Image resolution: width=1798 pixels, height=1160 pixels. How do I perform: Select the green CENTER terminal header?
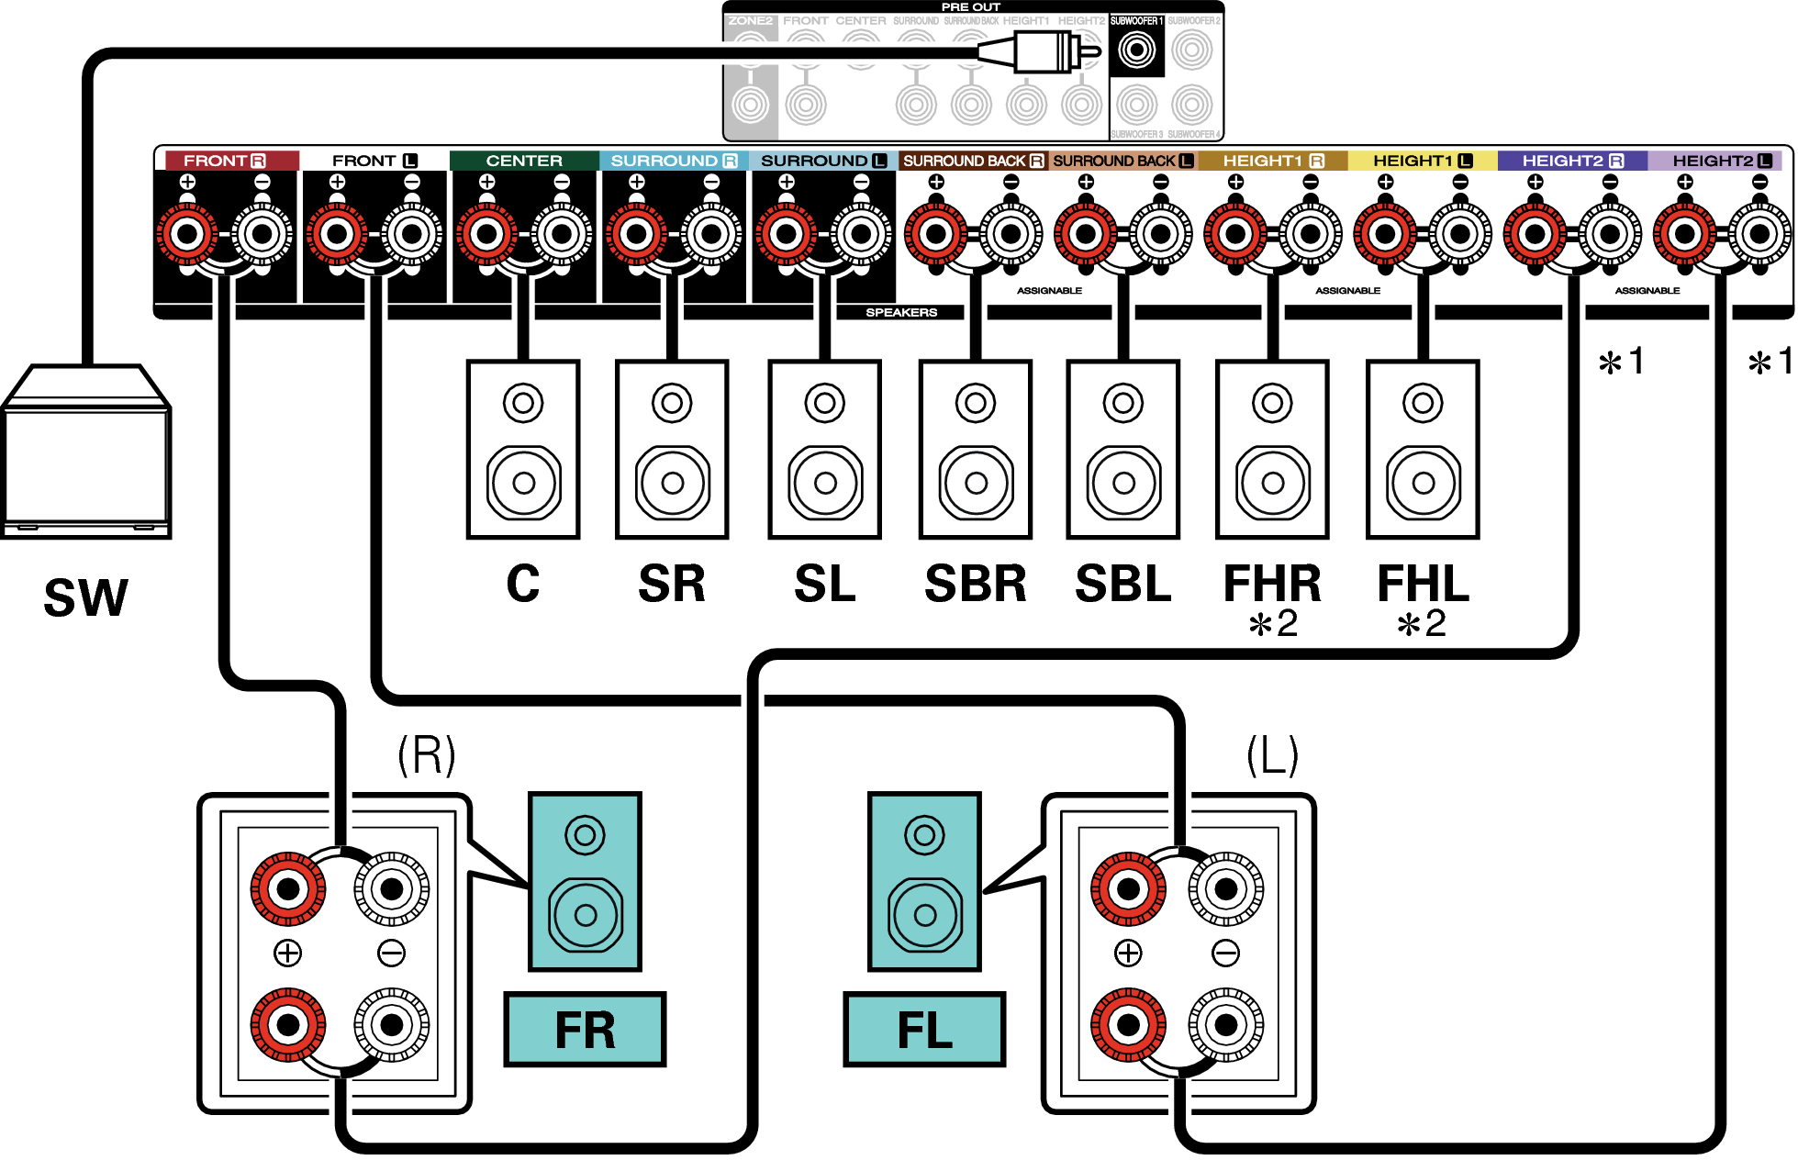pos(524,161)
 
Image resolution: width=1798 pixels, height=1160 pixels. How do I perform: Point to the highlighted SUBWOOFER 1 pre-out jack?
pos(1136,50)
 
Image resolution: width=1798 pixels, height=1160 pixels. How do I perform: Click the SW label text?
pos(86,598)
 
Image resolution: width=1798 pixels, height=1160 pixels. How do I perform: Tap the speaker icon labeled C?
pos(523,450)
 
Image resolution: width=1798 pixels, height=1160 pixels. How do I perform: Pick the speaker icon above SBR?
pos(976,450)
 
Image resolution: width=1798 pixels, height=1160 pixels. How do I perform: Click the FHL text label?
pos(1423,584)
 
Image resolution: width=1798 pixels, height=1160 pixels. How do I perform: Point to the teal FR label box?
pos(585,1030)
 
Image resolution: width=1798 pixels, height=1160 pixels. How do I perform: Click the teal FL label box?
pos(924,1030)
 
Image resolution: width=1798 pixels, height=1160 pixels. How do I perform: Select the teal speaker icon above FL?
pos(924,882)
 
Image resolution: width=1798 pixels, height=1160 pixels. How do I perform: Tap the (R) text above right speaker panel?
pos(426,756)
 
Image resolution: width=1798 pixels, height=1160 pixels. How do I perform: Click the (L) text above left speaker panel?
pos(1272,756)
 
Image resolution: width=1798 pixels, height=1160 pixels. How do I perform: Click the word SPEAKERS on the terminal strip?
pos(901,313)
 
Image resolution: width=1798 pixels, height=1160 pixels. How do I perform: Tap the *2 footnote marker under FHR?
pos(1273,624)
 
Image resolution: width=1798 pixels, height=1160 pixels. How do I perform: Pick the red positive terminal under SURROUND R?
pos(636,234)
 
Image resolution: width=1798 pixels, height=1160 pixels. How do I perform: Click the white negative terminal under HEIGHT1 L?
pos(1460,234)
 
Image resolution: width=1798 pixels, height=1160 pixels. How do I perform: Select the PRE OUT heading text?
pos(970,7)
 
